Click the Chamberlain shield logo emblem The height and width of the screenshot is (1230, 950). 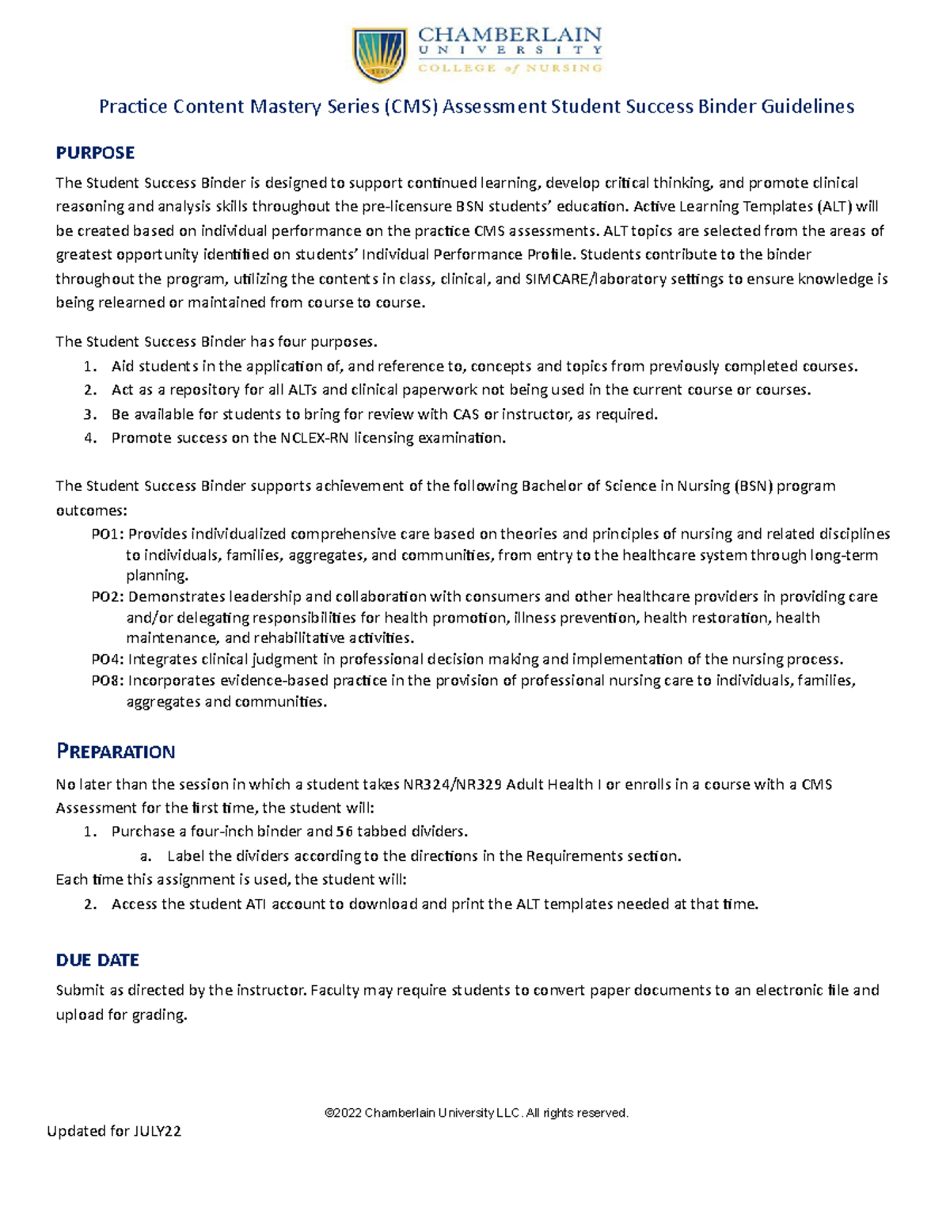[380, 54]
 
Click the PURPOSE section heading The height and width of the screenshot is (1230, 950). [95, 152]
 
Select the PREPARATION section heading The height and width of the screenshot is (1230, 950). [116, 751]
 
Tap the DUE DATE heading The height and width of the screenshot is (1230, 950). [97, 960]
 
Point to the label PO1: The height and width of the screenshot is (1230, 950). [108, 534]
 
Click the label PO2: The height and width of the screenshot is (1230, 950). [108, 596]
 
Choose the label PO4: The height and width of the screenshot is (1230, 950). [108, 659]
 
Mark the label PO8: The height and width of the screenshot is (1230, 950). [108, 680]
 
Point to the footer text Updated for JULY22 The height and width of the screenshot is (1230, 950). [114, 1131]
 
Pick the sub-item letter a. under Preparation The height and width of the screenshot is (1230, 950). [145, 855]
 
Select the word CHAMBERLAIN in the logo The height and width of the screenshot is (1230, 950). [510, 35]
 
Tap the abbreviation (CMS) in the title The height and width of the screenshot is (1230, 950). [409, 106]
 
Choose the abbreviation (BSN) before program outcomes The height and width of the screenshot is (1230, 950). [753, 486]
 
